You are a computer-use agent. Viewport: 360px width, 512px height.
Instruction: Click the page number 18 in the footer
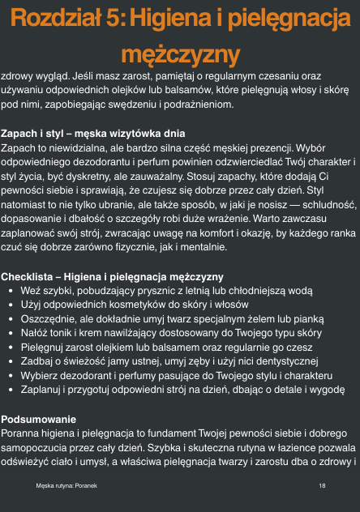(x=323, y=485)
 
